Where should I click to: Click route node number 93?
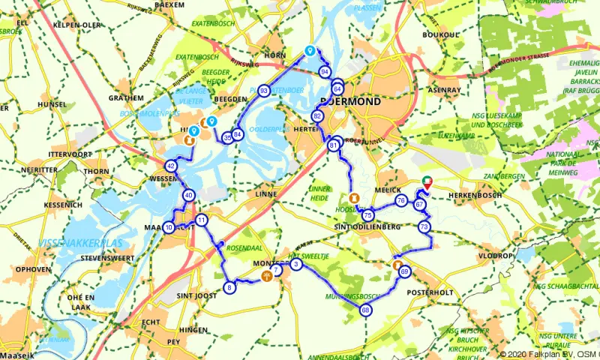point(264,91)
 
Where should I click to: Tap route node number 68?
point(365,310)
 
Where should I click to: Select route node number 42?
point(171,166)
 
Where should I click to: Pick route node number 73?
point(424,226)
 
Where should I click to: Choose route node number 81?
point(332,145)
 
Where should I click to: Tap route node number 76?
point(401,201)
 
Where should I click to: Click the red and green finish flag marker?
point(427,182)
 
